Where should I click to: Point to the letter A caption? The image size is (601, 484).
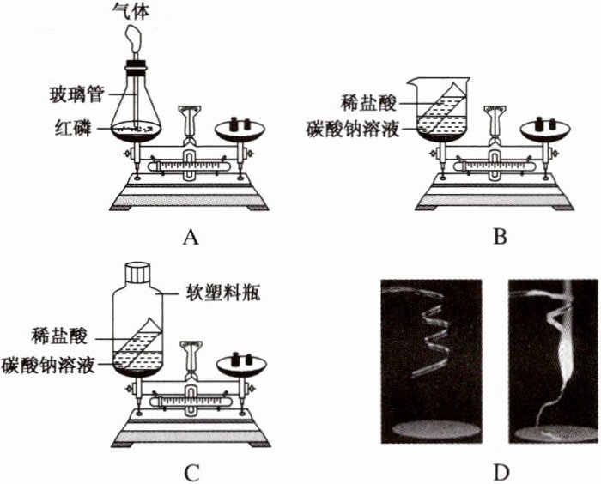(191, 237)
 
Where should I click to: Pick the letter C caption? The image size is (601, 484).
(191, 472)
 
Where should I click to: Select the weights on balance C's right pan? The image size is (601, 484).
(240, 358)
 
